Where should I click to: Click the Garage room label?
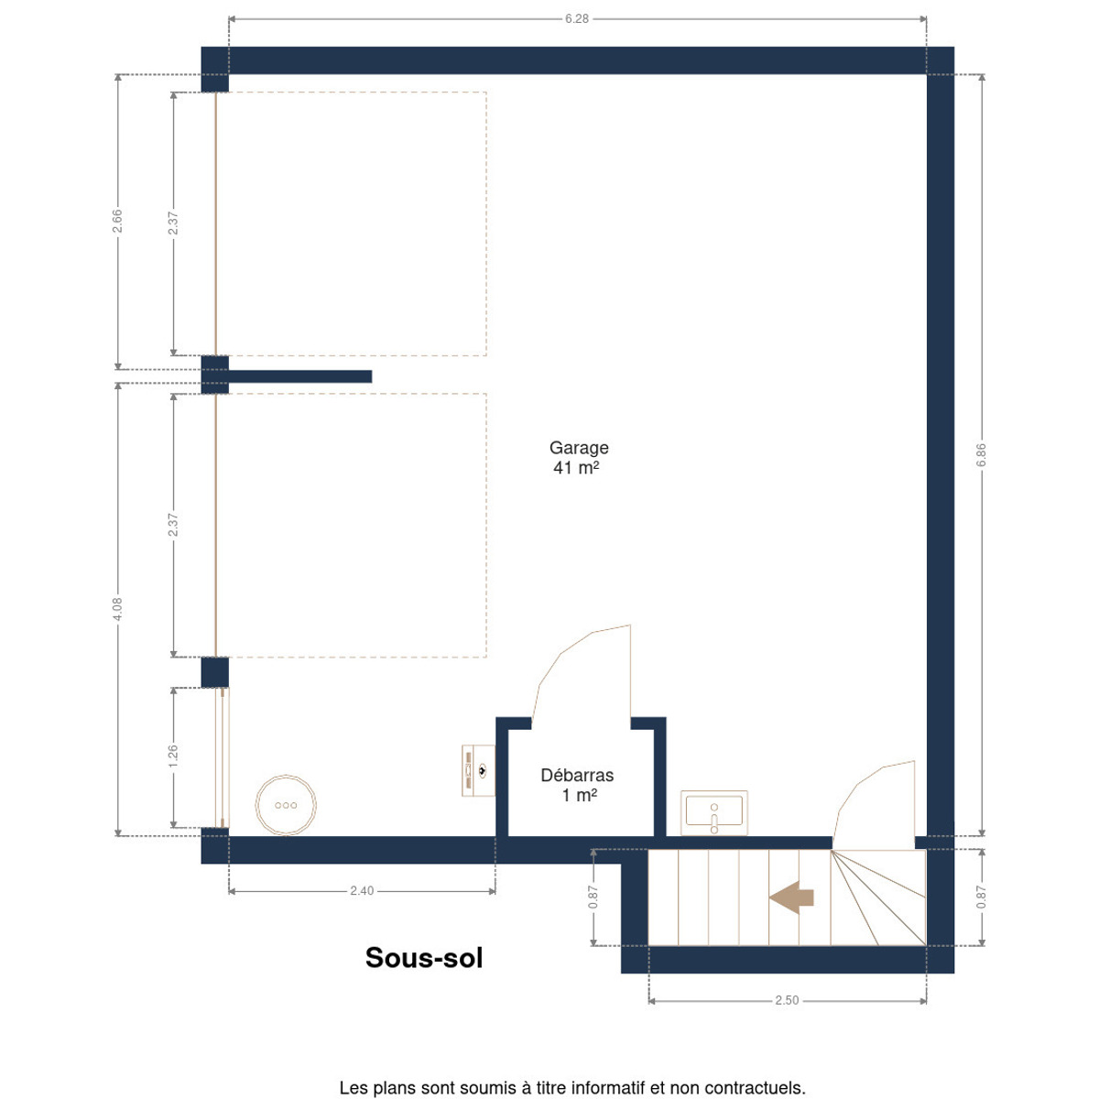(578, 448)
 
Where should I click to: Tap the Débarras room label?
(577, 775)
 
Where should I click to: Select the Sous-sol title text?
(424, 958)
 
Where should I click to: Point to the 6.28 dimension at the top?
(577, 19)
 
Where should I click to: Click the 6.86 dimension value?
(981, 455)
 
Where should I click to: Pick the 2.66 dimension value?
(117, 222)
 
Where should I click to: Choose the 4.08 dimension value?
(117, 609)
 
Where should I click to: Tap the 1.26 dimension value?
(173, 756)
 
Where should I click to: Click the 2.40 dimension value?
(362, 891)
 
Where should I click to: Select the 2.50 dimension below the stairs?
(787, 1000)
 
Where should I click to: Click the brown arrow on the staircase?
(791, 898)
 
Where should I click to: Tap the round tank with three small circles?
(286, 805)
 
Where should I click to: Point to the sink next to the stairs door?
(714, 812)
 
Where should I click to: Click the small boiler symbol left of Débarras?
(478, 770)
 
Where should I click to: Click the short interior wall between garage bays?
(300, 376)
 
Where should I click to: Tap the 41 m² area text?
(576, 468)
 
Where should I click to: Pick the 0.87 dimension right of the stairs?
(981, 898)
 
